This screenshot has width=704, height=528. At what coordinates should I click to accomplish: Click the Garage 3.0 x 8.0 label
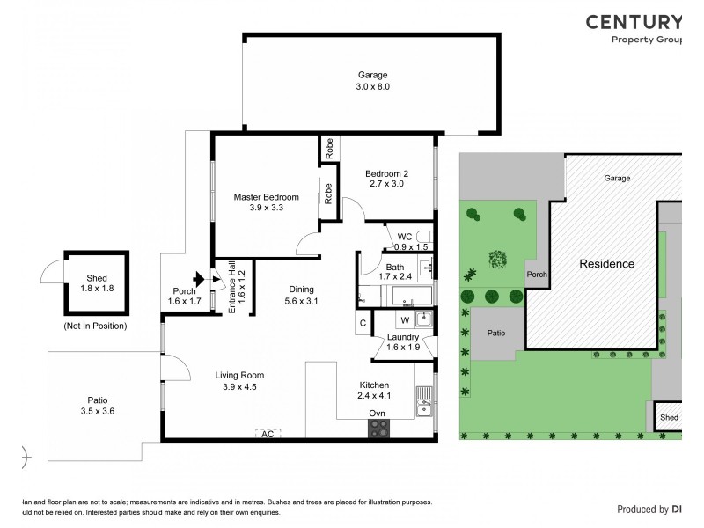pos(372,81)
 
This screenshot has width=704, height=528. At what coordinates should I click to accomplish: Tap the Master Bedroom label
pos(266,202)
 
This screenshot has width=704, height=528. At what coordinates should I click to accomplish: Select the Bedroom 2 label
pos(386,180)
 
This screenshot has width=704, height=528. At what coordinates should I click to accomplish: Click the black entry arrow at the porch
pos(199,281)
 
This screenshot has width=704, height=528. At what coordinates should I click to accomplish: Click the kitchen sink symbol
pos(424,407)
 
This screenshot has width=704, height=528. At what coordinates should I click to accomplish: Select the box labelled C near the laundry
pos(363,322)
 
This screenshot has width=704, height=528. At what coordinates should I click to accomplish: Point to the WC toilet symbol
pos(422,236)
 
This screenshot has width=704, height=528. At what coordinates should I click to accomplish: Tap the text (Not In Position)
pos(95,326)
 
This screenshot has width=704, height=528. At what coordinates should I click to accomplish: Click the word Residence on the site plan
pos(606,264)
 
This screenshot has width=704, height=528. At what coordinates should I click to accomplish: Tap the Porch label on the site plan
pos(536,275)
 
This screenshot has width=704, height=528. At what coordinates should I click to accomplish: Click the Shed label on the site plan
pos(669,418)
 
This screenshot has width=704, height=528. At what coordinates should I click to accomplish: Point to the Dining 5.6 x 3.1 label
pos(301,295)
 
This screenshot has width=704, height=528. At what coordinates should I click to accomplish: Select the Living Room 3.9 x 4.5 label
pos(239,380)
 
